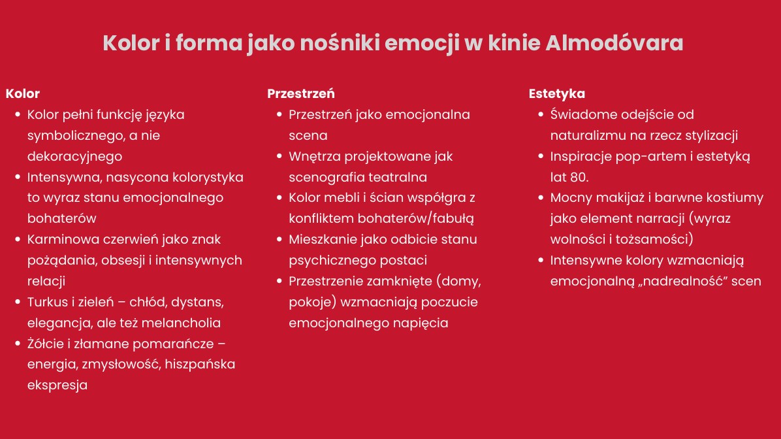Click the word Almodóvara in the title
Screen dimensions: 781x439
(x=614, y=43)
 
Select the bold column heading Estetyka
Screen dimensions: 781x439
(x=557, y=93)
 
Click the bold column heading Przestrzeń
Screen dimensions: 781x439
(x=301, y=93)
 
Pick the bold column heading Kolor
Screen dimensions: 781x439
(x=23, y=93)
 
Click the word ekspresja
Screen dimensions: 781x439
(x=57, y=385)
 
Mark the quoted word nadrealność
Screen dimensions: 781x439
(x=680, y=281)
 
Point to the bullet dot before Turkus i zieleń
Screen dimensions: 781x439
(x=18, y=301)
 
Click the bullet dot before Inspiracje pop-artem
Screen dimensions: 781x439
(x=541, y=156)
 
